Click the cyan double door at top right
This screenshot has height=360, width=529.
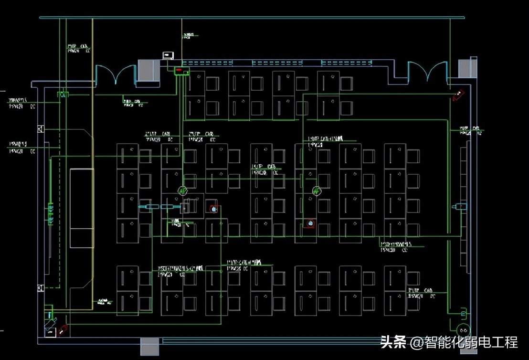pyautogui.click(x=428, y=72)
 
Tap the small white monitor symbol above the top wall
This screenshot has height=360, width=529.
pyautogui.click(x=168, y=55)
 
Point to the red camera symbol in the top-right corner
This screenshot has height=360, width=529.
pyautogui.click(x=457, y=95)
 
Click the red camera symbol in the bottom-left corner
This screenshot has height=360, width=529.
pyautogui.click(x=63, y=329)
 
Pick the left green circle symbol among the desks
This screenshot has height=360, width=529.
pyautogui.click(x=182, y=191)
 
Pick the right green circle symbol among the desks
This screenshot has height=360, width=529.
pyautogui.click(x=316, y=191)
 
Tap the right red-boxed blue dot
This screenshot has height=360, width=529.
pyautogui.click(x=310, y=223)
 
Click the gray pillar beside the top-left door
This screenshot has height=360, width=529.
pyautogui.click(x=148, y=70)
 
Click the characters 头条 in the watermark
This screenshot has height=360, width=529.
pyautogui.click(x=393, y=342)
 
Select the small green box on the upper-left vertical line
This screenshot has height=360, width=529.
pyautogui.click(x=63, y=95)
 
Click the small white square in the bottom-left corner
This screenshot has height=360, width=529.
pyautogui.click(x=50, y=331)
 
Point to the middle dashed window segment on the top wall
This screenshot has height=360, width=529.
pyautogui.click(x=277, y=63)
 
